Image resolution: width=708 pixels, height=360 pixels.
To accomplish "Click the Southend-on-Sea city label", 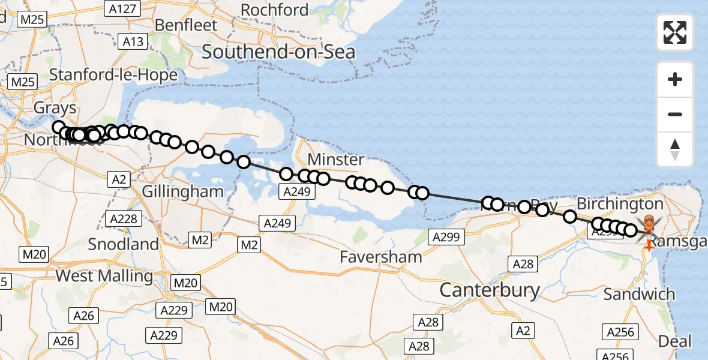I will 278,52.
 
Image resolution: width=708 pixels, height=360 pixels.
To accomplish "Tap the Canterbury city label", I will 490,290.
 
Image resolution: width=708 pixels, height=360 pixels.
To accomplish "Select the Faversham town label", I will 380,257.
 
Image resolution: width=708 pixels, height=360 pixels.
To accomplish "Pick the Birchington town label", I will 620,203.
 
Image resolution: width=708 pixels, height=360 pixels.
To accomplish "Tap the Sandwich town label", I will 639,295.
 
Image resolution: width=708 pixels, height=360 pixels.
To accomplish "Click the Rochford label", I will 274,10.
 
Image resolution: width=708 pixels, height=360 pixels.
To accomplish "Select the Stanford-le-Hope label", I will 113,75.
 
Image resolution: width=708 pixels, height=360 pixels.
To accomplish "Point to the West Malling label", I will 104,276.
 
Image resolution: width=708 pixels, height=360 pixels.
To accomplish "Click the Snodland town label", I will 124,244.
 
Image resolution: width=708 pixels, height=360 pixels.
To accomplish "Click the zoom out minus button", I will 675,114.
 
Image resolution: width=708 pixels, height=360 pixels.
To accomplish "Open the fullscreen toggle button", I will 675,32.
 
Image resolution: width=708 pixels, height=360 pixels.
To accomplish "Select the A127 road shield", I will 122,8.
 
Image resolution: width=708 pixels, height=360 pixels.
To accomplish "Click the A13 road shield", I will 133,41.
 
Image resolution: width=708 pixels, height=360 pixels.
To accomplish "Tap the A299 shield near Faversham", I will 445,237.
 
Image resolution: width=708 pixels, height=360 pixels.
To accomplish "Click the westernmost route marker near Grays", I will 59,127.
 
